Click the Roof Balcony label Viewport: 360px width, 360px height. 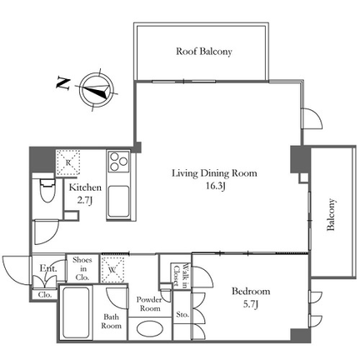(204, 52)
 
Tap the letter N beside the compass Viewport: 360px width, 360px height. (63, 83)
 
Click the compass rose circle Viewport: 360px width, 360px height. (96, 89)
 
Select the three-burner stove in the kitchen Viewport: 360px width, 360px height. (118, 161)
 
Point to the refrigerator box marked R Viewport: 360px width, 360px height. (68, 162)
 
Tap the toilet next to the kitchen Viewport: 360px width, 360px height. (47, 191)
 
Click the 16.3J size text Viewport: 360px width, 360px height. (216, 186)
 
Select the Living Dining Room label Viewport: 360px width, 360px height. (214, 173)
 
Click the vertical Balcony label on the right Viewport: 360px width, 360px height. (331, 214)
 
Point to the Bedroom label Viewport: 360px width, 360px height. (251, 292)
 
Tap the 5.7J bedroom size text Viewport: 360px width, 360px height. (251, 304)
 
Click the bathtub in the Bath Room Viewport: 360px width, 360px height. (76, 312)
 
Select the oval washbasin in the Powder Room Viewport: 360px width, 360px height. (150, 329)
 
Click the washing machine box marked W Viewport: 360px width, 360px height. (112, 269)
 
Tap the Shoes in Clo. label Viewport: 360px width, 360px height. (82, 268)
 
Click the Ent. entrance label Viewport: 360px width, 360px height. (48, 268)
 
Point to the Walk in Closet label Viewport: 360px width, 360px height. (181, 274)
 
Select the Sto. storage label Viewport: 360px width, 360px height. (182, 315)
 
